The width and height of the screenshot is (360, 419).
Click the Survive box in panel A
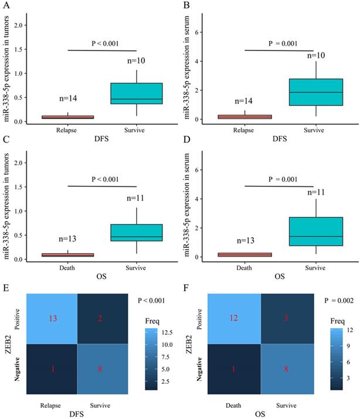click(141, 94)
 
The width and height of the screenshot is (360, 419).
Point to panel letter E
click(5, 289)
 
